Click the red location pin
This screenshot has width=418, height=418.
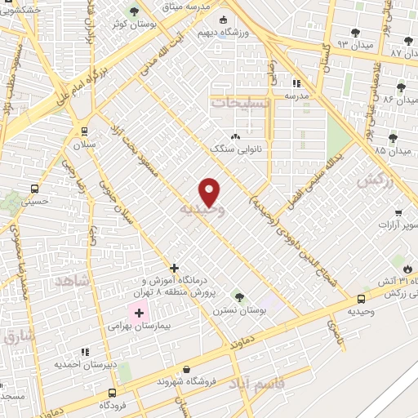(x=210, y=192)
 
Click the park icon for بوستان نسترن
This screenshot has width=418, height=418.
(x=238, y=296)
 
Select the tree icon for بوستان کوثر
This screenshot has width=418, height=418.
(x=136, y=12)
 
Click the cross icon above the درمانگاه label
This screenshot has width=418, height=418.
(x=174, y=268)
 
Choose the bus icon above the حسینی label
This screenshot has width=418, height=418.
(x=33, y=186)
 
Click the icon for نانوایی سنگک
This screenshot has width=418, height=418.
(x=236, y=136)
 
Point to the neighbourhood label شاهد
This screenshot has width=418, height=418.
(x=71, y=281)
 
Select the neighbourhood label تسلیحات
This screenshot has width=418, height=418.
(x=239, y=104)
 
